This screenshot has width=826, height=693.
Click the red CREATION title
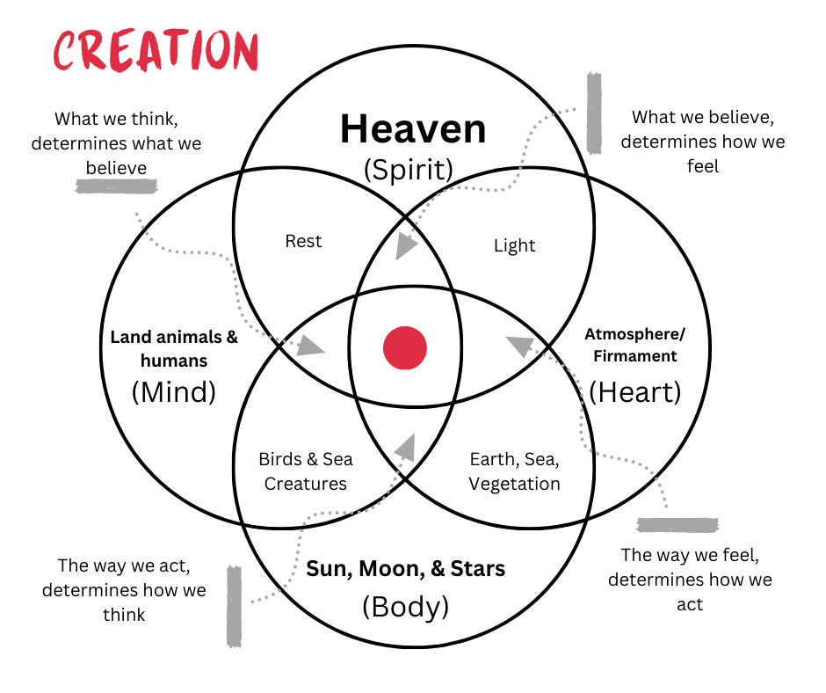pos(156,50)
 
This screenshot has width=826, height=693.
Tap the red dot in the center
pos(405,347)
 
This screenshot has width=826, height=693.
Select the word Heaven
pos(413,129)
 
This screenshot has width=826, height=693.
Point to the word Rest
pos(304,241)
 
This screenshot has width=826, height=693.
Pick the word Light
pos(514,245)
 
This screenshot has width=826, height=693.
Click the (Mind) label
pos(174,391)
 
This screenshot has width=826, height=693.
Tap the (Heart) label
pos(634,391)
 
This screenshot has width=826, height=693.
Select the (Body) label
pos(405,606)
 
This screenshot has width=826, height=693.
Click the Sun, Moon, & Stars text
pos(405,569)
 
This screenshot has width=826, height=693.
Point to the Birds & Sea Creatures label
pos(306,471)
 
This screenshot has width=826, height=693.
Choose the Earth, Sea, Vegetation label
pos(514,471)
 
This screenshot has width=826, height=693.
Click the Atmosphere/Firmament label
pos(634,345)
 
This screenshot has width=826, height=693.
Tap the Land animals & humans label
pos(174,348)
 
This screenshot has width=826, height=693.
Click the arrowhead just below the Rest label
pos(308,345)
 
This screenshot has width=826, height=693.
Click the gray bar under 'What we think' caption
pos(117,186)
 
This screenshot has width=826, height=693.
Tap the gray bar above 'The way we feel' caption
pos(677,525)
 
